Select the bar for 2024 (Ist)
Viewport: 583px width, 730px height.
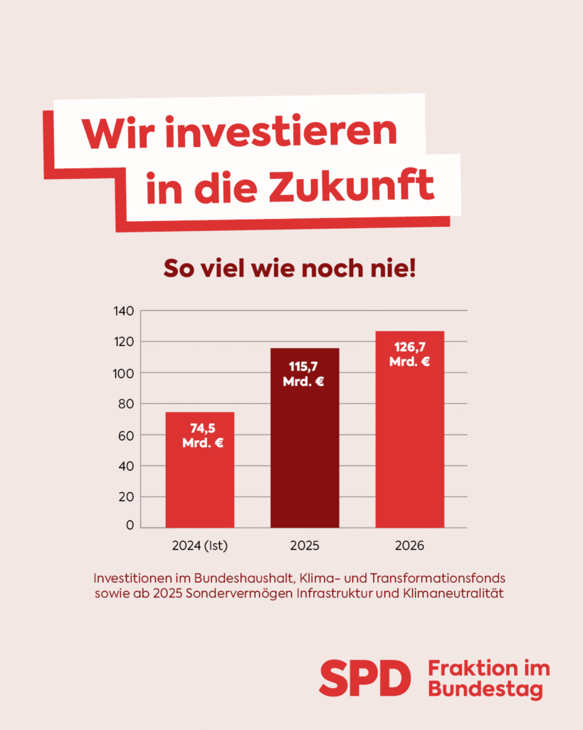(x=200, y=485)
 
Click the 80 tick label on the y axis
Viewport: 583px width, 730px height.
(x=125, y=403)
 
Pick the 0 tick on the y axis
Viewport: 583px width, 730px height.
(x=130, y=526)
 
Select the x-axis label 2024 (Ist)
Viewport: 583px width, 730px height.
(x=199, y=547)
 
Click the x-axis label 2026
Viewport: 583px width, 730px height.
(x=409, y=547)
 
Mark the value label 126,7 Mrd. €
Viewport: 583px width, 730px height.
(x=409, y=354)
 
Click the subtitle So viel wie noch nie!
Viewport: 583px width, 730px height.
(x=290, y=269)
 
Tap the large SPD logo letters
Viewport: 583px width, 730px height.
(x=364, y=677)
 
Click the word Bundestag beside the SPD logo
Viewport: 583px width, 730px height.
(x=485, y=689)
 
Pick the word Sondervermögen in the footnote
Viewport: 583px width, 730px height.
(x=244, y=594)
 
